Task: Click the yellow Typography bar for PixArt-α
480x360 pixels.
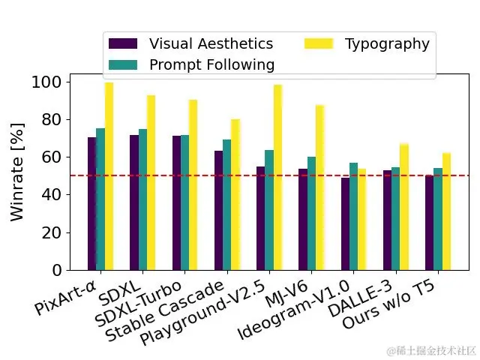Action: click(109, 176)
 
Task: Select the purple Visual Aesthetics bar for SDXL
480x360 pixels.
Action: click(134, 202)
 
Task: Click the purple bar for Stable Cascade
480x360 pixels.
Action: click(218, 210)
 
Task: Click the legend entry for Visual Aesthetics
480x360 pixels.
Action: click(191, 43)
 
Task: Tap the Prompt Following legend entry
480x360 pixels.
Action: click(191, 64)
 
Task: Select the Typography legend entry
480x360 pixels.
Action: click(367, 43)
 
